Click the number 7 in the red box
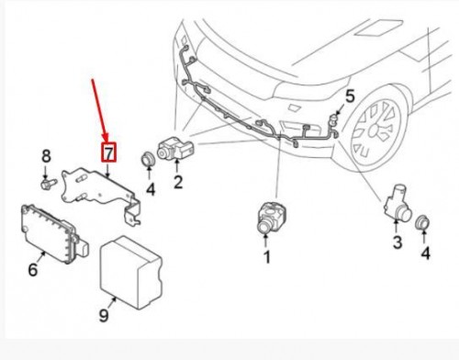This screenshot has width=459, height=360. click(107, 152)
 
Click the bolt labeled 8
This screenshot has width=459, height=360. click(47, 185)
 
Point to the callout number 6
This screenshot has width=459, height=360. click(34, 270)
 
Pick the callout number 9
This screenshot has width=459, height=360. click(104, 315)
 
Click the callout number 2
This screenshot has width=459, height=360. click(178, 182)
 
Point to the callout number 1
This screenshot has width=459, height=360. click(267, 257)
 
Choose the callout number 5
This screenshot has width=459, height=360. click(349, 95)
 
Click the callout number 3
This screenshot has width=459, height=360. click(397, 242)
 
